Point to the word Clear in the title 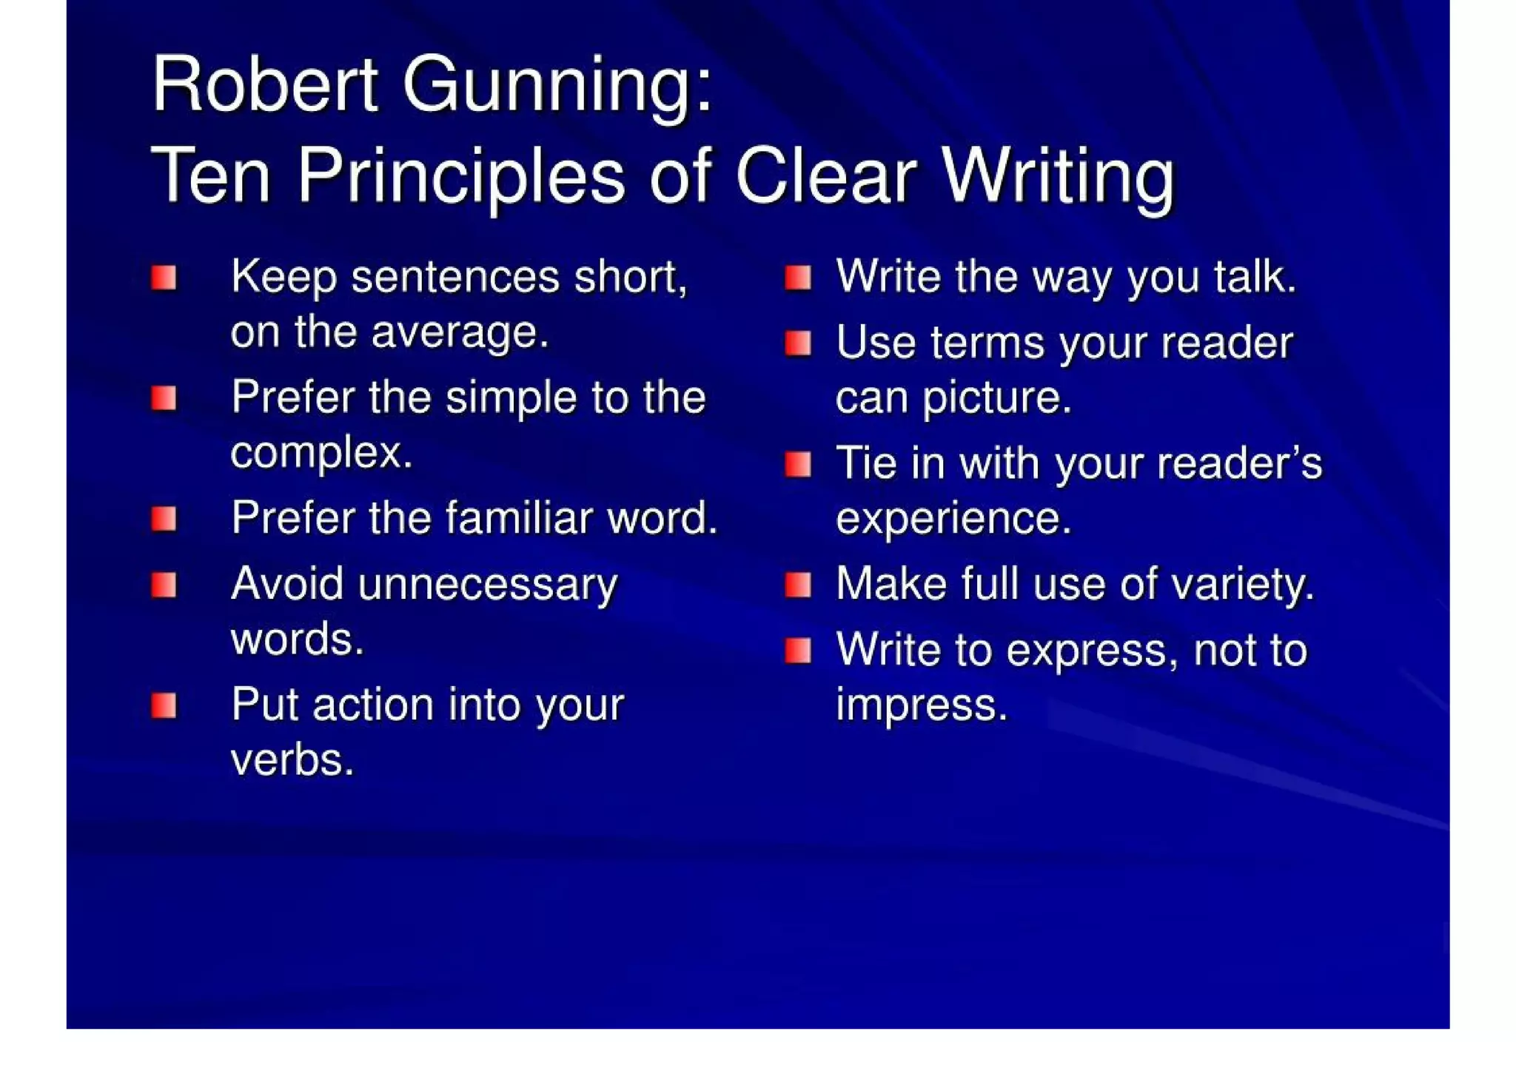pyautogui.click(x=825, y=176)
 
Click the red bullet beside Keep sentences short pyautogui.click(x=164, y=278)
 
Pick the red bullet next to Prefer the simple pyautogui.click(x=164, y=399)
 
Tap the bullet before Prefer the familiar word pyautogui.click(x=164, y=519)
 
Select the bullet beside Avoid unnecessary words pyautogui.click(x=164, y=585)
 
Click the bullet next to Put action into pyautogui.click(x=164, y=705)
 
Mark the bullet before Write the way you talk pyautogui.click(x=798, y=278)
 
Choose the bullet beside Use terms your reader pyautogui.click(x=798, y=343)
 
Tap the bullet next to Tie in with pyautogui.click(x=798, y=465)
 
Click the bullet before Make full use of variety pyautogui.click(x=798, y=585)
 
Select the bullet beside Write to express pyautogui.click(x=798, y=651)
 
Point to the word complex pyautogui.click(x=321, y=453)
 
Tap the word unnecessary pyautogui.click(x=487, y=585)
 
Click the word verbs pyautogui.click(x=292, y=760)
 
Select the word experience pyautogui.click(x=953, y=518)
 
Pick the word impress pyautogui.click(x=922, y=705)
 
